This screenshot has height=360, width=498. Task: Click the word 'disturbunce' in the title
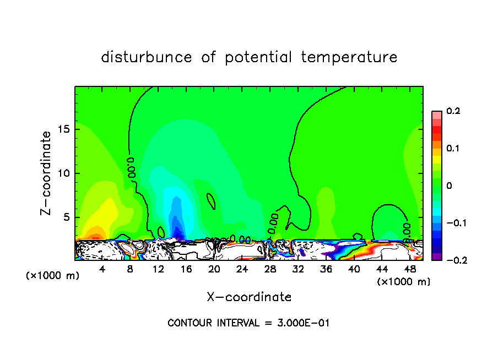coord(147,57)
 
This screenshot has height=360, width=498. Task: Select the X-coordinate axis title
coord(249,297)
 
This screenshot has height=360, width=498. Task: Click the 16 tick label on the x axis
coord(186,269)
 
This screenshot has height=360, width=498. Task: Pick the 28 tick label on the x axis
coord(270,269)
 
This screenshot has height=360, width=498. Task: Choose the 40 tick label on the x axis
coord(354,269)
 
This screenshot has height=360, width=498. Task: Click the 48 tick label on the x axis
coord(410,269)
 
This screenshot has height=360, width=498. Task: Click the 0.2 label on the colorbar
coord(453,111)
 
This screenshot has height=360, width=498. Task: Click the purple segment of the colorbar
coord(437,257)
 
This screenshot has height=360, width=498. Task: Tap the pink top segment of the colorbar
coord(437,114)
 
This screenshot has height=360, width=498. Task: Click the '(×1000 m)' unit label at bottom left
coord(53,276)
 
